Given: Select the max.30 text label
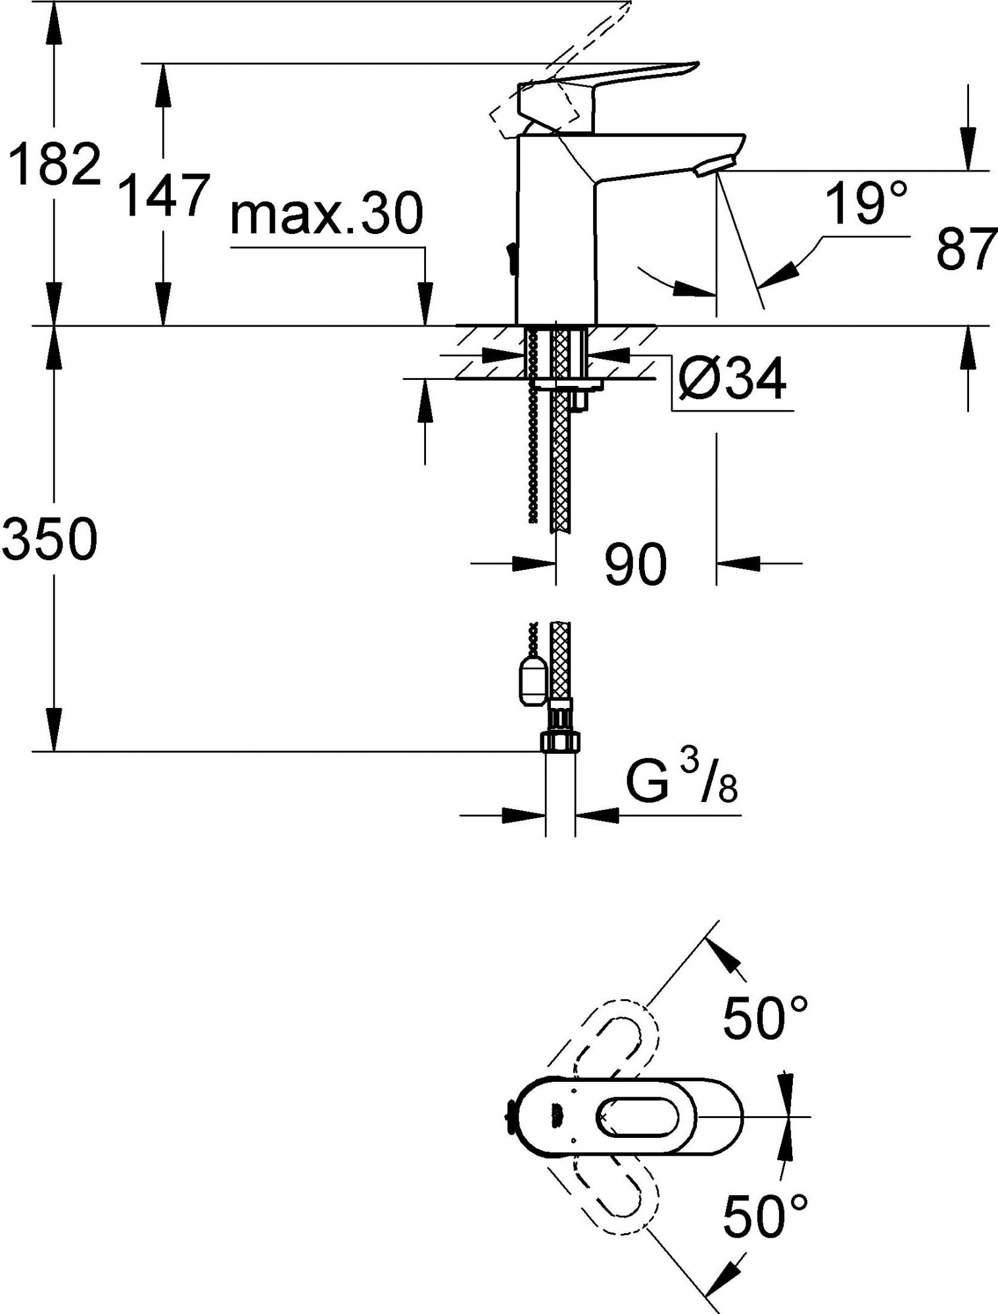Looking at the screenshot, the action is pyautogui.click(x=327, y=214).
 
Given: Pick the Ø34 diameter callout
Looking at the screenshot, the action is pyautogui.click(x=730, y=380).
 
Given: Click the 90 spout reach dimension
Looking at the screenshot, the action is pyautogui.click(x=636, y=565).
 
